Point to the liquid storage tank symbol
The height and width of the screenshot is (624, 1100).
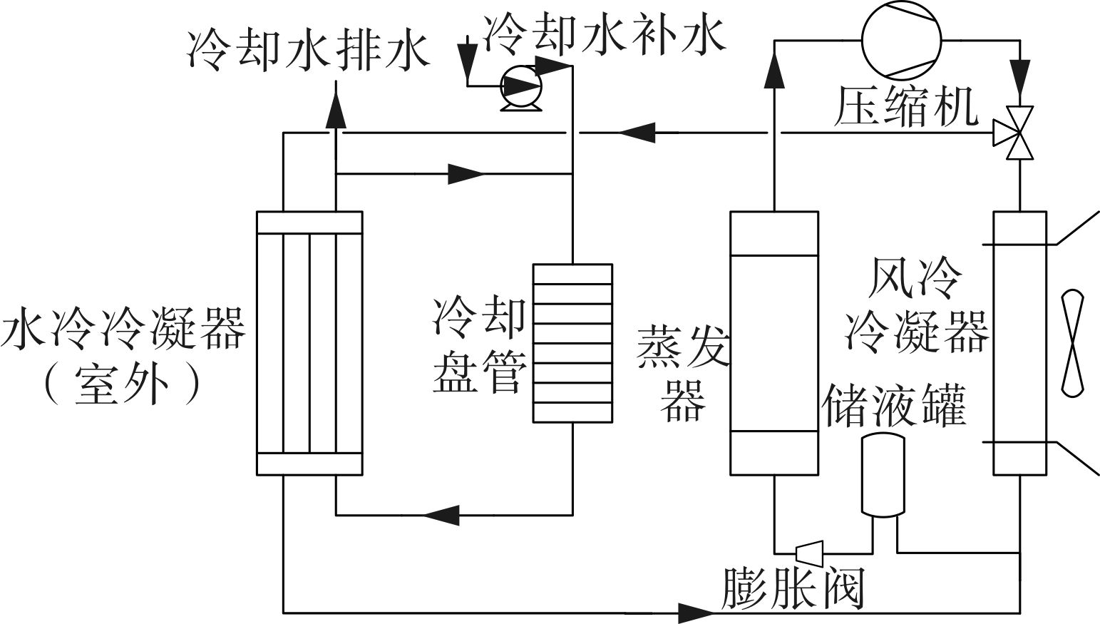[883, 474]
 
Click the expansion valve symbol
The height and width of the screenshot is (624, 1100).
[808, 551]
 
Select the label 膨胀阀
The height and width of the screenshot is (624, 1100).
[793, 589]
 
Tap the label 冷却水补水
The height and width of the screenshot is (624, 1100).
[604, 35]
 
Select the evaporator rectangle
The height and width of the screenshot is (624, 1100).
[773, 342]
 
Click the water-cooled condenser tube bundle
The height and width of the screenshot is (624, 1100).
[309, 342]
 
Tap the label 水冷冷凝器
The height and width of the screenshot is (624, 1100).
[123, 329]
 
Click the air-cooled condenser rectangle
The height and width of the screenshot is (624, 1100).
[1020, 342]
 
